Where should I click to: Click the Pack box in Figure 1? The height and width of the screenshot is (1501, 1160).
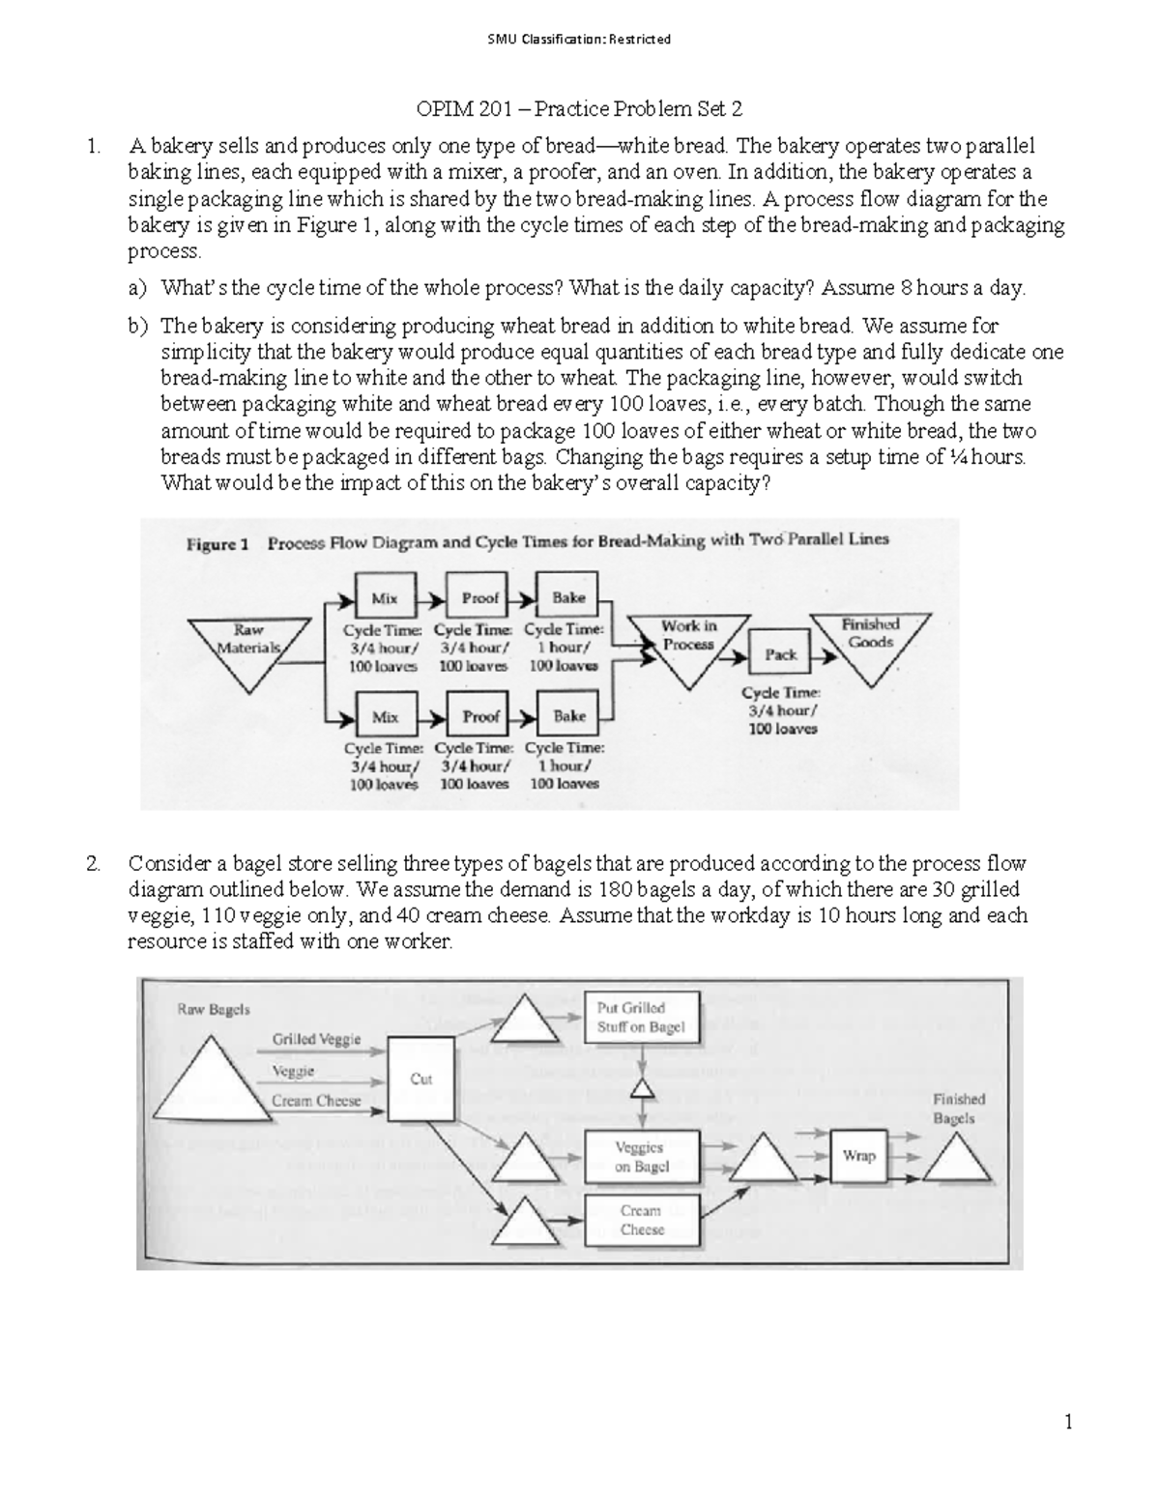780,654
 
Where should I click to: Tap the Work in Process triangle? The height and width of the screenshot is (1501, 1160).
688,644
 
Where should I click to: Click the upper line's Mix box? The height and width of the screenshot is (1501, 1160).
385,598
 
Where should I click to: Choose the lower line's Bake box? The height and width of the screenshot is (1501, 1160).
568,716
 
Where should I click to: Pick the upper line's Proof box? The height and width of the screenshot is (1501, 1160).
479,598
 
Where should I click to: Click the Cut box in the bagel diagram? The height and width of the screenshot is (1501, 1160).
420,1079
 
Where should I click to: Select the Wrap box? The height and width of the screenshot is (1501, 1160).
858,1156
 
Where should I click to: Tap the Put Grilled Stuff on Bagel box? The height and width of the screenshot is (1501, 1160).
640,1017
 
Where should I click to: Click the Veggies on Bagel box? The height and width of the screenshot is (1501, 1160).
641,1157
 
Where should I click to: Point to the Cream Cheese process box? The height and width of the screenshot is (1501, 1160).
641,1220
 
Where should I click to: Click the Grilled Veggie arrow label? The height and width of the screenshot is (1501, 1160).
316,1039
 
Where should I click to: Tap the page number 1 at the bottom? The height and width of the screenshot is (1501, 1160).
1068,1422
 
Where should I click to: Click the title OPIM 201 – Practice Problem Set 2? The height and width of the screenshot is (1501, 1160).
578,108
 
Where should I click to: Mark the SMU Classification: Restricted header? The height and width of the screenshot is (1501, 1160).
579,40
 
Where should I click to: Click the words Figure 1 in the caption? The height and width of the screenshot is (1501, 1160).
217,544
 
